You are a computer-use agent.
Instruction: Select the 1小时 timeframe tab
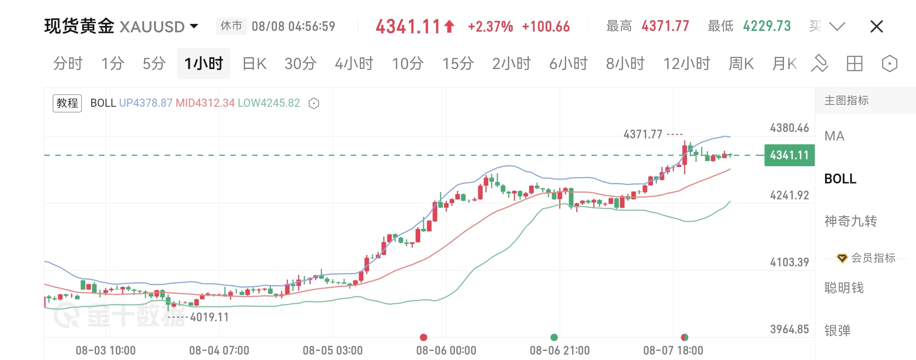coord(203,64)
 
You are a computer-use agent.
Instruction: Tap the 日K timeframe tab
coord(254,64)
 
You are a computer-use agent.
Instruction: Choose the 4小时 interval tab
coord(354,64)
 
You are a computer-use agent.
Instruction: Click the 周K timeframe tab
coord(741,64)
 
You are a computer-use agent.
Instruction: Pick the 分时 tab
coord(68,64)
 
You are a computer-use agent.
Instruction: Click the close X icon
coord(877,26)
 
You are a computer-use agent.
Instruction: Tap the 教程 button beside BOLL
coord(67,103)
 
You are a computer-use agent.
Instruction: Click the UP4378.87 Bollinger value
coord(145,103)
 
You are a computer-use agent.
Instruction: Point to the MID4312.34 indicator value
coord(205,103)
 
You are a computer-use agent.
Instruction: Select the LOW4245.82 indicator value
coord(269,103)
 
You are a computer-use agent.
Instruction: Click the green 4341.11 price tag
coord(789,155)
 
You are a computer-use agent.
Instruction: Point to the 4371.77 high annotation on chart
coord(643,134)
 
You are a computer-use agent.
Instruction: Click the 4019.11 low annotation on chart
coord(209,317)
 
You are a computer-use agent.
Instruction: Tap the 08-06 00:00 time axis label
coord(446,350)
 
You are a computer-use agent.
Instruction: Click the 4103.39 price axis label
coord(789,262)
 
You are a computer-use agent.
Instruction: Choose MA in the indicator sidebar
coord(834,136)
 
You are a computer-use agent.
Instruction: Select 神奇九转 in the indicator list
coord(851,221)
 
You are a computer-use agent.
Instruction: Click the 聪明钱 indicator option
coord(844,288)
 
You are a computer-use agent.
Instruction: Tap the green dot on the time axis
coord(554,337)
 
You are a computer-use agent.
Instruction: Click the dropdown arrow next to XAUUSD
coord(194,26)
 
